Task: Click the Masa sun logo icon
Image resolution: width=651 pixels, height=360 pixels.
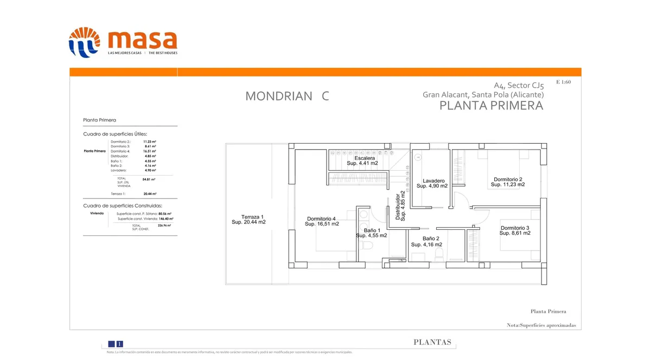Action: [84, 42]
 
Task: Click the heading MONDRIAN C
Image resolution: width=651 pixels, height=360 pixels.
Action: [287, 96]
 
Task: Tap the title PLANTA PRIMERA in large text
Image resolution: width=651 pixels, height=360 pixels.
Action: [491, 106]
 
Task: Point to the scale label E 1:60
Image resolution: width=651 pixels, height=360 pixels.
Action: [563, 82]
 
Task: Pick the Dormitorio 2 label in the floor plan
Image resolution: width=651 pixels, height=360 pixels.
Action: [508, 179]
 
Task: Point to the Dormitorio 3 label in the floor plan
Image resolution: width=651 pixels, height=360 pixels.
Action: [515, 228]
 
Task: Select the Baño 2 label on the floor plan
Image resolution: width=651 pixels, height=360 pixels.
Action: [431, 239]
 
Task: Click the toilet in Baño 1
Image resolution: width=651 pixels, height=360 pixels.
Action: [367, 246]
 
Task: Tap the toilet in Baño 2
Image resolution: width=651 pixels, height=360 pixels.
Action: [442, 253]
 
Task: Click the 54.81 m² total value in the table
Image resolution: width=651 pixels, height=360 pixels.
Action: [149, 179]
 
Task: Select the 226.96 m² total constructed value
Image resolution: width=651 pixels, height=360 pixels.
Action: [165, 226]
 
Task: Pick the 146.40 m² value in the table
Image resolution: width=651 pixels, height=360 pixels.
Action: [165, 218]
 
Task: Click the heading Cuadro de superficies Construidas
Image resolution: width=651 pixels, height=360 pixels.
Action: [122, 206]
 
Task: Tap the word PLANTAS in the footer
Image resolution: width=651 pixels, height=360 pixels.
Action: [432, 342]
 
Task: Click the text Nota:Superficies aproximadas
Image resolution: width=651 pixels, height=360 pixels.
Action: [541, 325]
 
